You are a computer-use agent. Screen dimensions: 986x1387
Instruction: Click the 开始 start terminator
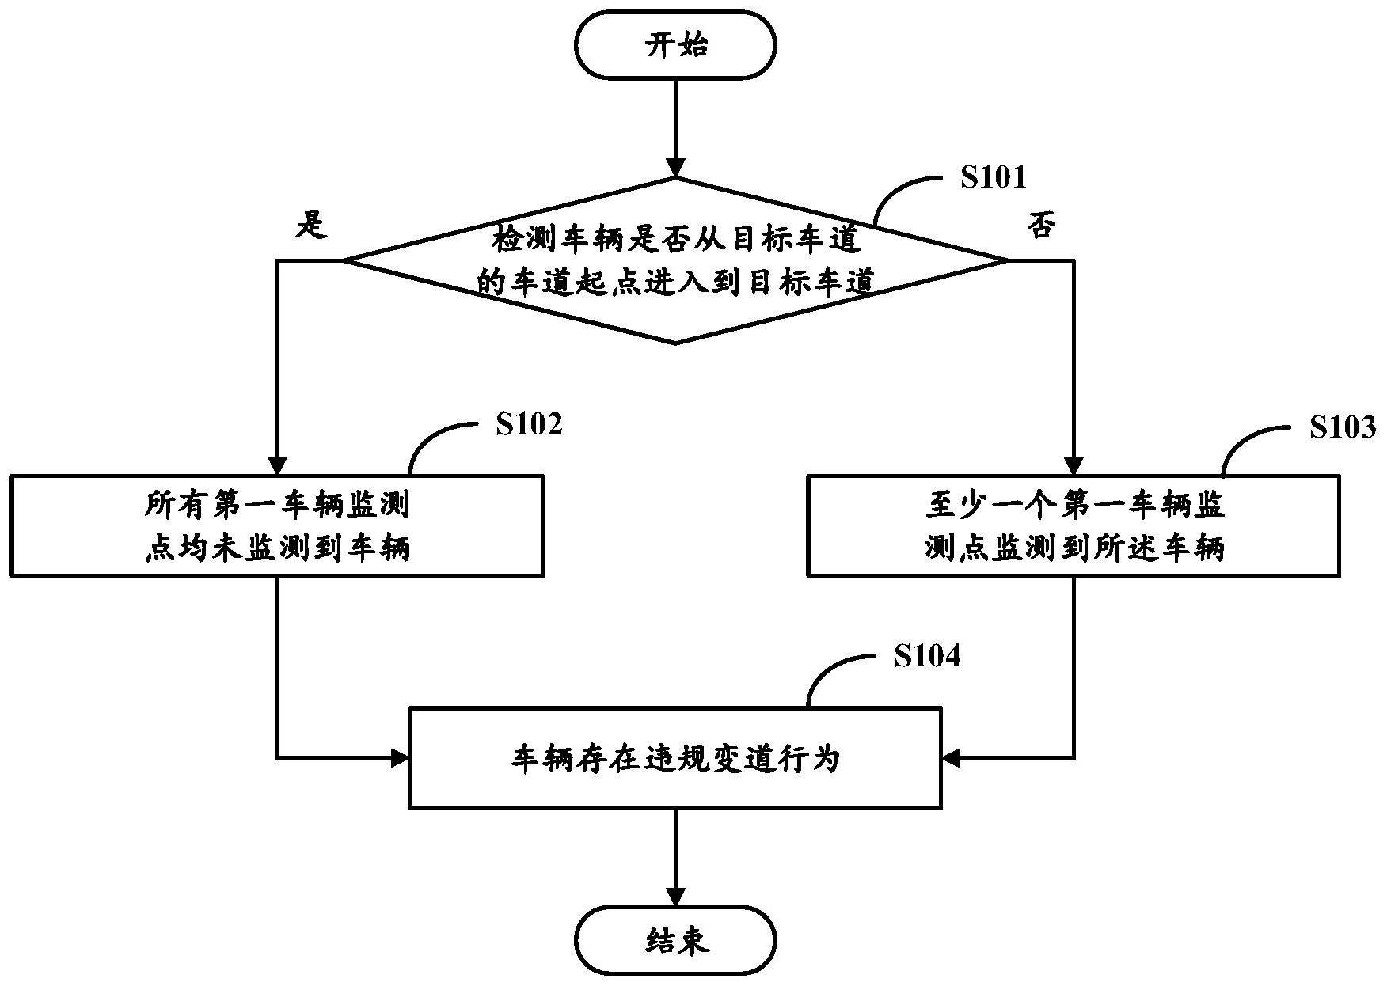click(675, 45)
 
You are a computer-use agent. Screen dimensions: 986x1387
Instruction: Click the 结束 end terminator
click(675, 942)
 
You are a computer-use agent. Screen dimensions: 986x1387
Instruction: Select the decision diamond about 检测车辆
click(675, 260)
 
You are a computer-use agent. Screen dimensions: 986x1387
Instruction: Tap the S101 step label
click(993, 177)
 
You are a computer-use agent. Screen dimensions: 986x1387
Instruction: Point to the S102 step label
click(529, 424)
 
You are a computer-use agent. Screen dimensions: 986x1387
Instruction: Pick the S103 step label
click(1342, 427)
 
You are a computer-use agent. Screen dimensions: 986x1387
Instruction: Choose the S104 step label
click(927, 655)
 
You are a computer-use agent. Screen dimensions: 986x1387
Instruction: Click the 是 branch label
click(311, 226)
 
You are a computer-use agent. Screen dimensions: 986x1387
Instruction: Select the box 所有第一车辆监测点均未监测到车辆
click(276, 525)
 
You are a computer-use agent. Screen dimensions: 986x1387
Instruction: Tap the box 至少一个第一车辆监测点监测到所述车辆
click(1073, 525)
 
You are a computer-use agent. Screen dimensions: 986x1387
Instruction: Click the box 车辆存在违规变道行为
click(675, 758)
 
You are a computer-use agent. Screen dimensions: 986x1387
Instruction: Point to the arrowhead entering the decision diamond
click(675, 169)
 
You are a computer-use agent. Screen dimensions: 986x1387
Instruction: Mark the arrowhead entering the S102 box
click(277, 465)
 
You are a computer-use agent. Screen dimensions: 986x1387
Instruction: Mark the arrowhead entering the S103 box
click(1074, 465)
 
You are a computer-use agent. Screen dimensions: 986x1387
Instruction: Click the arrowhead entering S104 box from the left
click(399, 758)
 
